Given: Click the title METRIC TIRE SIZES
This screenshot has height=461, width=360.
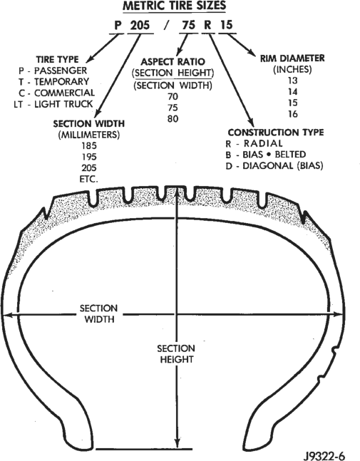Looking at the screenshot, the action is point(175,6).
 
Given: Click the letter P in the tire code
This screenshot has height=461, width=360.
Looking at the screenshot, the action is point(118,26).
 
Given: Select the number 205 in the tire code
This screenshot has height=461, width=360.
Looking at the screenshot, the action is point(140,25).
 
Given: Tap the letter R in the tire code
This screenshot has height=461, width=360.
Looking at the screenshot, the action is point(207,25).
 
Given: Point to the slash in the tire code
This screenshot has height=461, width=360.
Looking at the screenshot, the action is point(167,26).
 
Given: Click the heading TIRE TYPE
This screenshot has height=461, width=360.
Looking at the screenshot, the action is point(57,59).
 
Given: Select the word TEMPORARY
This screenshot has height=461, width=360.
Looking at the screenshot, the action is point(61,81).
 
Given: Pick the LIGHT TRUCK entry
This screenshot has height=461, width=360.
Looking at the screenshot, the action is point(63,104).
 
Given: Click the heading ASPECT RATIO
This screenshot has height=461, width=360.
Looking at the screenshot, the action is point(173,62).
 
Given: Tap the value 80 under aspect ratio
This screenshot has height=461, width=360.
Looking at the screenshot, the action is point(173,119).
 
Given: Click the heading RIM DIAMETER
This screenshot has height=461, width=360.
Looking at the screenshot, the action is point(292,58).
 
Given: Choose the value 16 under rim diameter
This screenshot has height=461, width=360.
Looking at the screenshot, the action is point(293,114).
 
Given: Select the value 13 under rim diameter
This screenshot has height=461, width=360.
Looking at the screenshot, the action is point(293,81).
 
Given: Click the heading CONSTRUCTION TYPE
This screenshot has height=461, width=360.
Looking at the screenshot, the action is point(276,133).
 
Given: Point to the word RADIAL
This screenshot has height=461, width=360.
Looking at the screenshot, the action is point(263,143).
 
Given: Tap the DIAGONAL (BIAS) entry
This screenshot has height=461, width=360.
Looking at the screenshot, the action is point(282,166).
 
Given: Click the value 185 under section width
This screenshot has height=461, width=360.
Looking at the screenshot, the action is point(89,145).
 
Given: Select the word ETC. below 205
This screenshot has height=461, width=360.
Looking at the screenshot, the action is point(89,179).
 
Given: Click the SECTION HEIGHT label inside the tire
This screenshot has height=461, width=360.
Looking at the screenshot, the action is point(176,353).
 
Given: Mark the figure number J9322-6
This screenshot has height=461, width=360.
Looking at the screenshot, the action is point(324,456).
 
